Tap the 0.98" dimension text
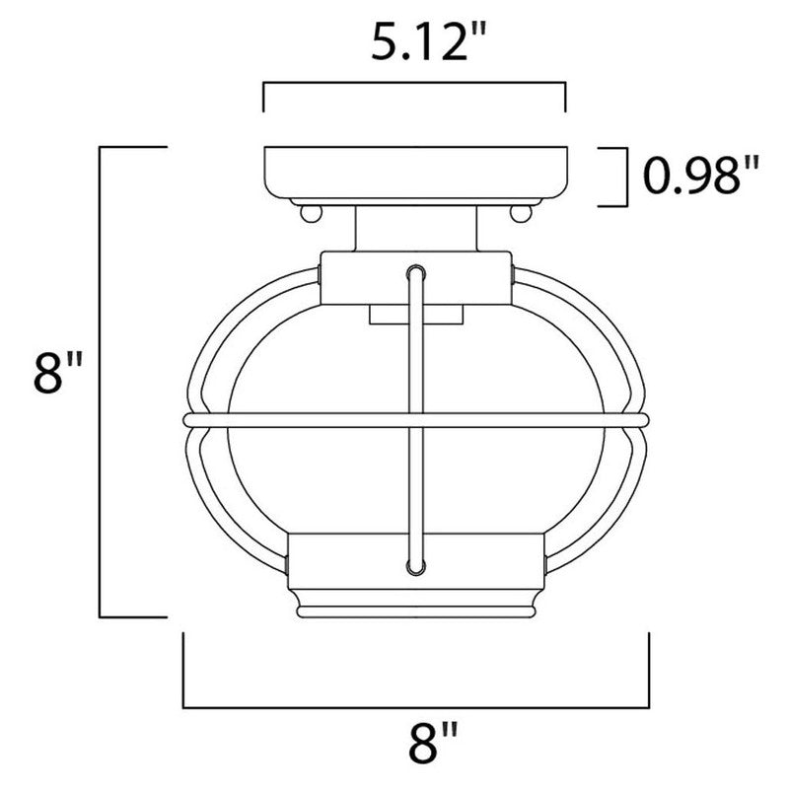(x=701, y=178)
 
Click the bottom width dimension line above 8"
(x=415, y=706)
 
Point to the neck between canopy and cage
(x=415, y=229)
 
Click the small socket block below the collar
(x=415, y=315)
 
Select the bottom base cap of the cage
(x=415, y=577)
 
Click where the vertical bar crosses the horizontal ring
(x=415, y=421)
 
